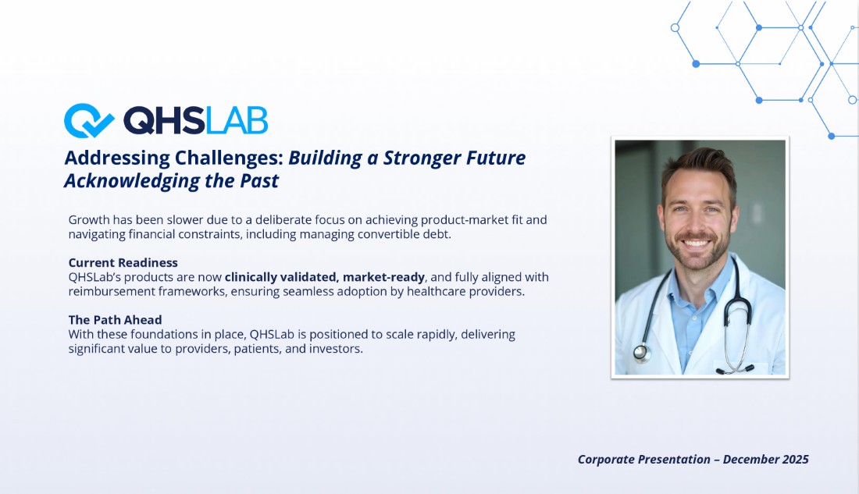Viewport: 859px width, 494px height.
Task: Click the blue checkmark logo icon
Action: (x=87, y=120)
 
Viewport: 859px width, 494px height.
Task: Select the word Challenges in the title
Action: (x=229, y=158)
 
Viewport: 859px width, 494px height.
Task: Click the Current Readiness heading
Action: (x=123, y=263)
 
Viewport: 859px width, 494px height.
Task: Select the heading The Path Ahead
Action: (x=115, y=320)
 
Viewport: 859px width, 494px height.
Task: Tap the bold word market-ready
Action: (x=383, y=277)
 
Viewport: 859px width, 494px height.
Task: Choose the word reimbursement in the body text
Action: (x=112, y=291)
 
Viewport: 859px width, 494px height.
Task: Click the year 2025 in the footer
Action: (x=796, y=460)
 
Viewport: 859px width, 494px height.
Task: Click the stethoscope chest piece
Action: (x=640, y=353)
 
